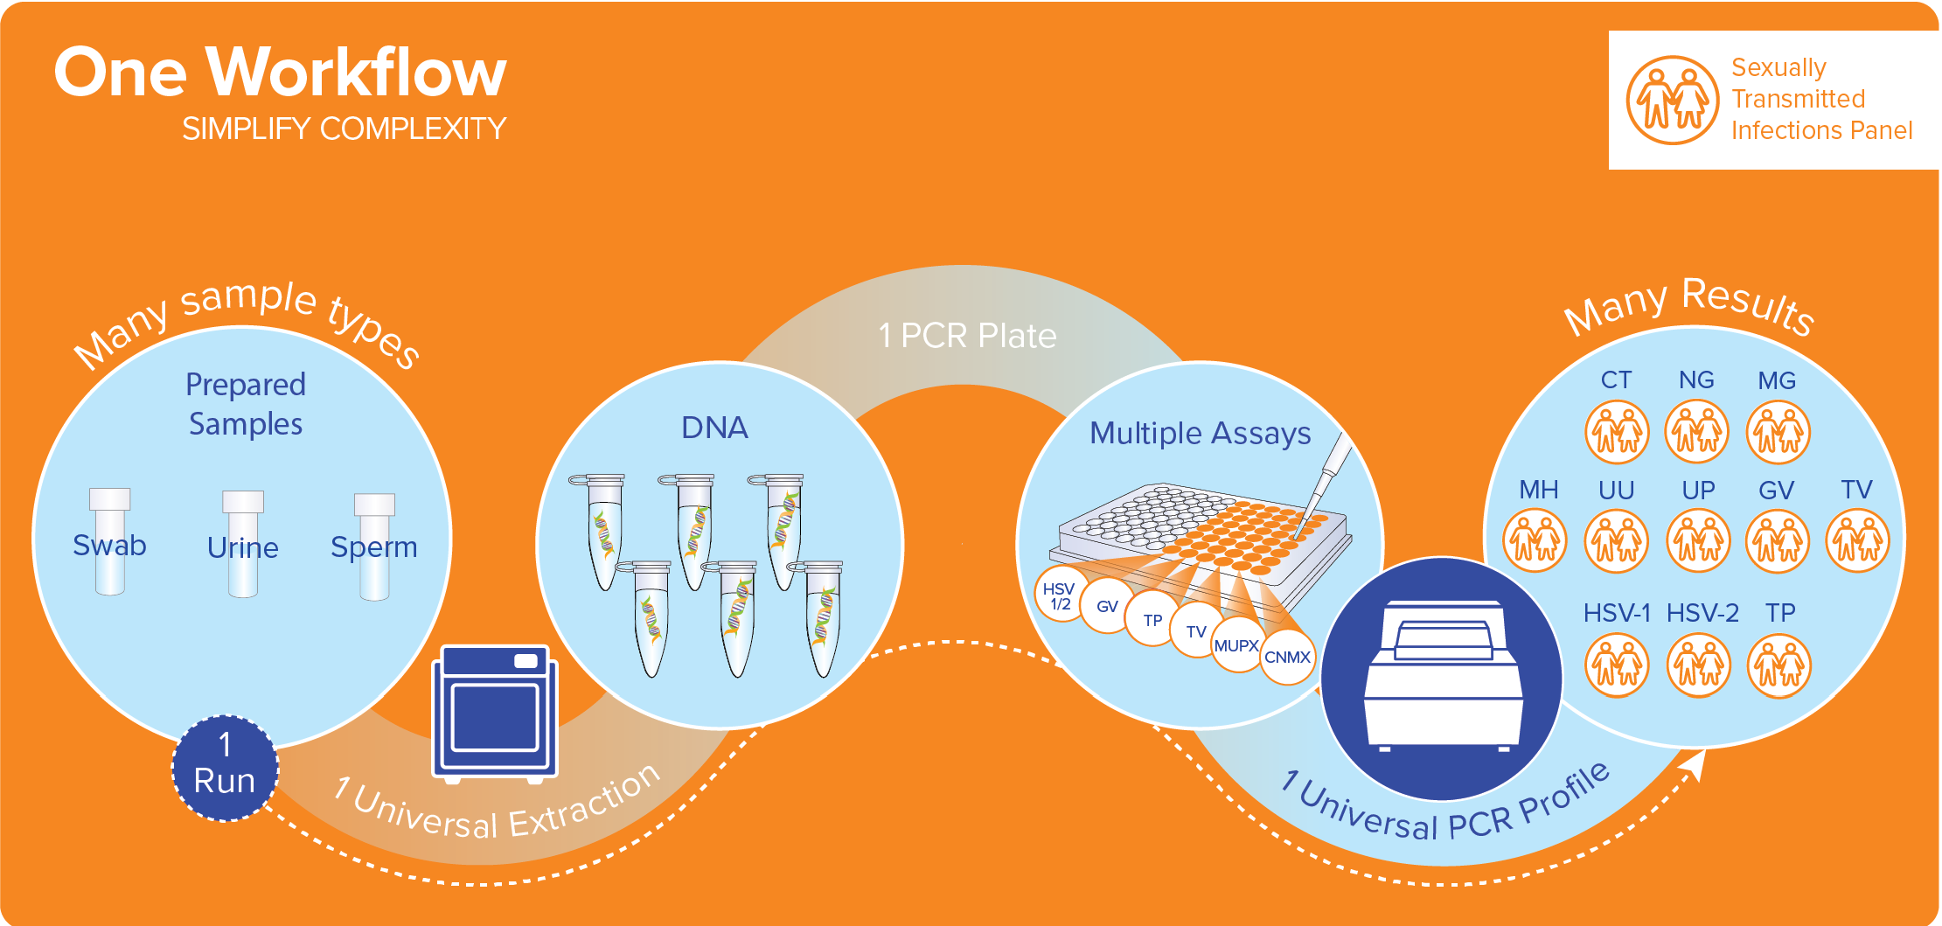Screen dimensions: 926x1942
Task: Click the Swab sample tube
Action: (109, 542)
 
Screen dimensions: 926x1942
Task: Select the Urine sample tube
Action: (242, 545)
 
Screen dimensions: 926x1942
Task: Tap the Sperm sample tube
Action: (374, 547)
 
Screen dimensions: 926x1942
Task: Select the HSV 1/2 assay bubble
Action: (1060, 595)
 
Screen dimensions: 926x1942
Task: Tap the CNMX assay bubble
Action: (1287, 658)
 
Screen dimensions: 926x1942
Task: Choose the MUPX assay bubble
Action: (1236, 646)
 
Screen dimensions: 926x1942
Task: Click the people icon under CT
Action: (1617, 432)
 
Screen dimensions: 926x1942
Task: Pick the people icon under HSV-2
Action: (1699, 665)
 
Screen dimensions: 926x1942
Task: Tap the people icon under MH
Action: (1535, 541)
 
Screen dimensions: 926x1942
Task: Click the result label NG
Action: (1696, 380)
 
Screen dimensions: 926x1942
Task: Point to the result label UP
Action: (1698, 491)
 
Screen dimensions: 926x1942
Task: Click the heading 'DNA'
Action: (714, 428)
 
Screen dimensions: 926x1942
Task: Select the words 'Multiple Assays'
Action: (1200, 433)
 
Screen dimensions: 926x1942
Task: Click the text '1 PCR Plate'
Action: (967, 336)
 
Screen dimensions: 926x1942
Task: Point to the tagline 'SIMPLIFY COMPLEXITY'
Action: (344, 129)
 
